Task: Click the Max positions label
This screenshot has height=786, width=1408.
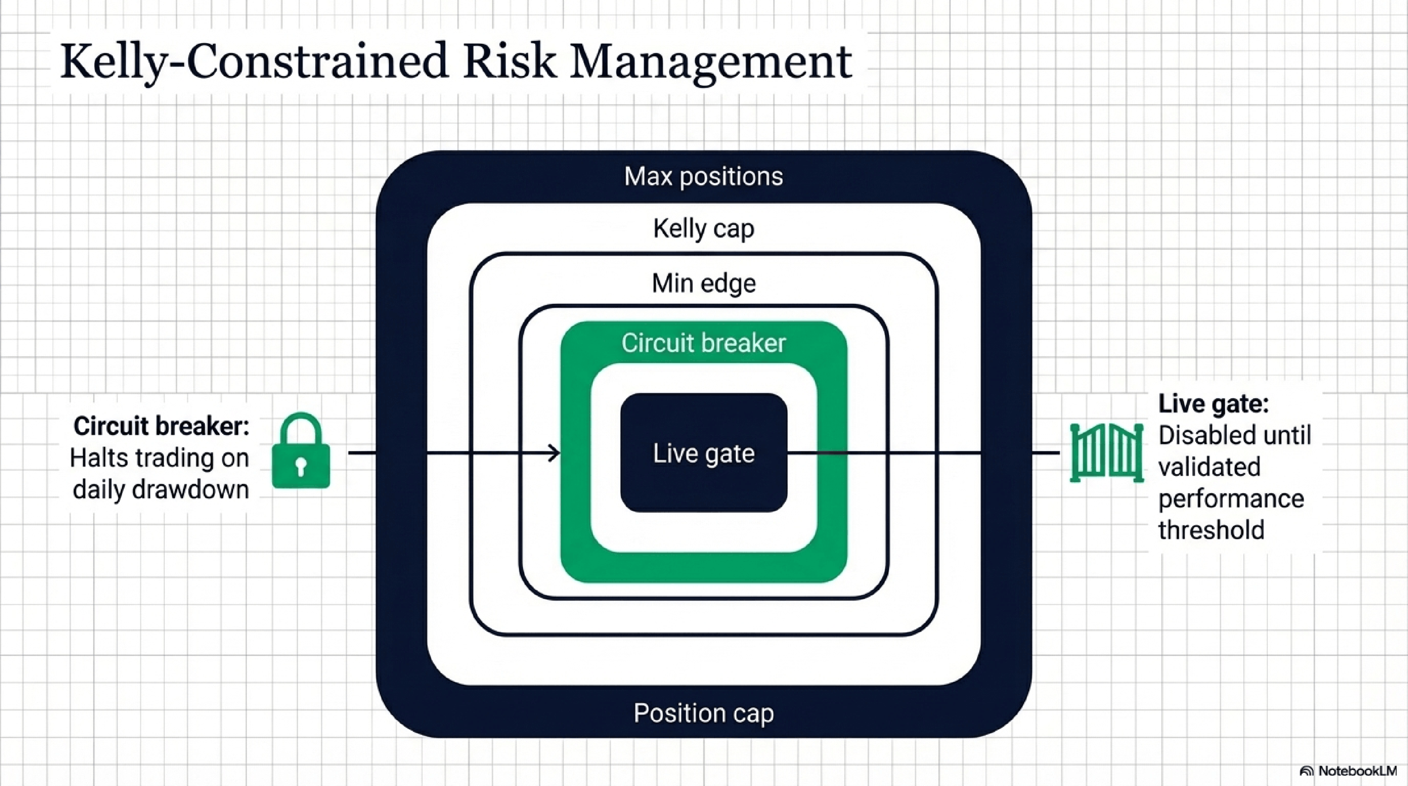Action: pyautogui.click(x=703, y=176)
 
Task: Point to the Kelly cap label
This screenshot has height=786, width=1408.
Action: pyautogui.click(x=703, y=228)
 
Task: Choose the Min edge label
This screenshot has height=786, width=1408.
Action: pyautogui.click(x=703, y=283)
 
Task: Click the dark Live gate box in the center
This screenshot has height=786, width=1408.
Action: pyautogui.click(x=703, y=453)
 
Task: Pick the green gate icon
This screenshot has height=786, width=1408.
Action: pyautogui.click(x=1106, y=453)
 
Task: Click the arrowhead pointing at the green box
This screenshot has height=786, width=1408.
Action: pyautogui.click(x=554, y=453)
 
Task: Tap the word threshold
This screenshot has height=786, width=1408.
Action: pyautogui.click(x=1211, y=530)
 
